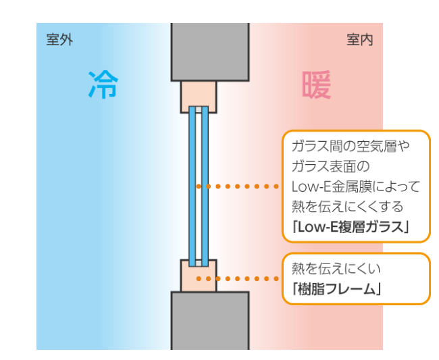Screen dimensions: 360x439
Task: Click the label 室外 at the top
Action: (59, 41)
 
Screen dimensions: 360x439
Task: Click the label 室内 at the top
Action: (359, 41)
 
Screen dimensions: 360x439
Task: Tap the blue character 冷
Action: (103, 84)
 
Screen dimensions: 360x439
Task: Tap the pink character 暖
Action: (316, 84)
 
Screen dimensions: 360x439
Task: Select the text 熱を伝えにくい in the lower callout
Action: (331, 268)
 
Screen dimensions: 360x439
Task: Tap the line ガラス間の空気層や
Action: (351, 145)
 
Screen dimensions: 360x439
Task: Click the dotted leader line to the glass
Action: (240, 186)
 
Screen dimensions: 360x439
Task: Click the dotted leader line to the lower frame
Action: (240, 278)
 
